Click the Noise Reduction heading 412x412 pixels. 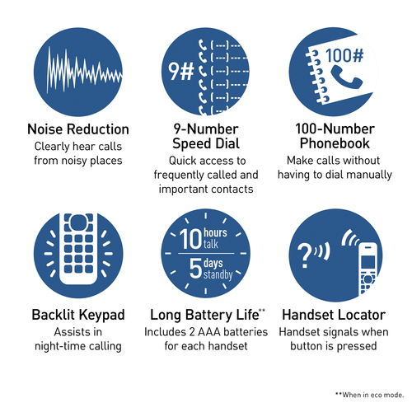(78, 129)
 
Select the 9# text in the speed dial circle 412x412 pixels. (181, 72)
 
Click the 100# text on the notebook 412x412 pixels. (344, 55)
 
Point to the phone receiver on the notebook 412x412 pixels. (347, 77)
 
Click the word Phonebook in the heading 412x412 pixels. (335, 143)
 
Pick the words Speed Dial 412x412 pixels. (206, 143)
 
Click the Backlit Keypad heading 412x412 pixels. (78, 315)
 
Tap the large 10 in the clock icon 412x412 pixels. (190, 239)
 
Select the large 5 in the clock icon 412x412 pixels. (195, 268)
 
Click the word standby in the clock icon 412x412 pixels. (218, 274)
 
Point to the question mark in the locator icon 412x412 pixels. (304, 256)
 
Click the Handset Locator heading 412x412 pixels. (334, 315)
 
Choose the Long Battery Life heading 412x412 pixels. (204, 315)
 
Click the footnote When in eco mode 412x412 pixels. (373, 395)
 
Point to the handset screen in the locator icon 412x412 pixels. (368, 261)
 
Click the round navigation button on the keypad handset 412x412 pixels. (78, 222)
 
